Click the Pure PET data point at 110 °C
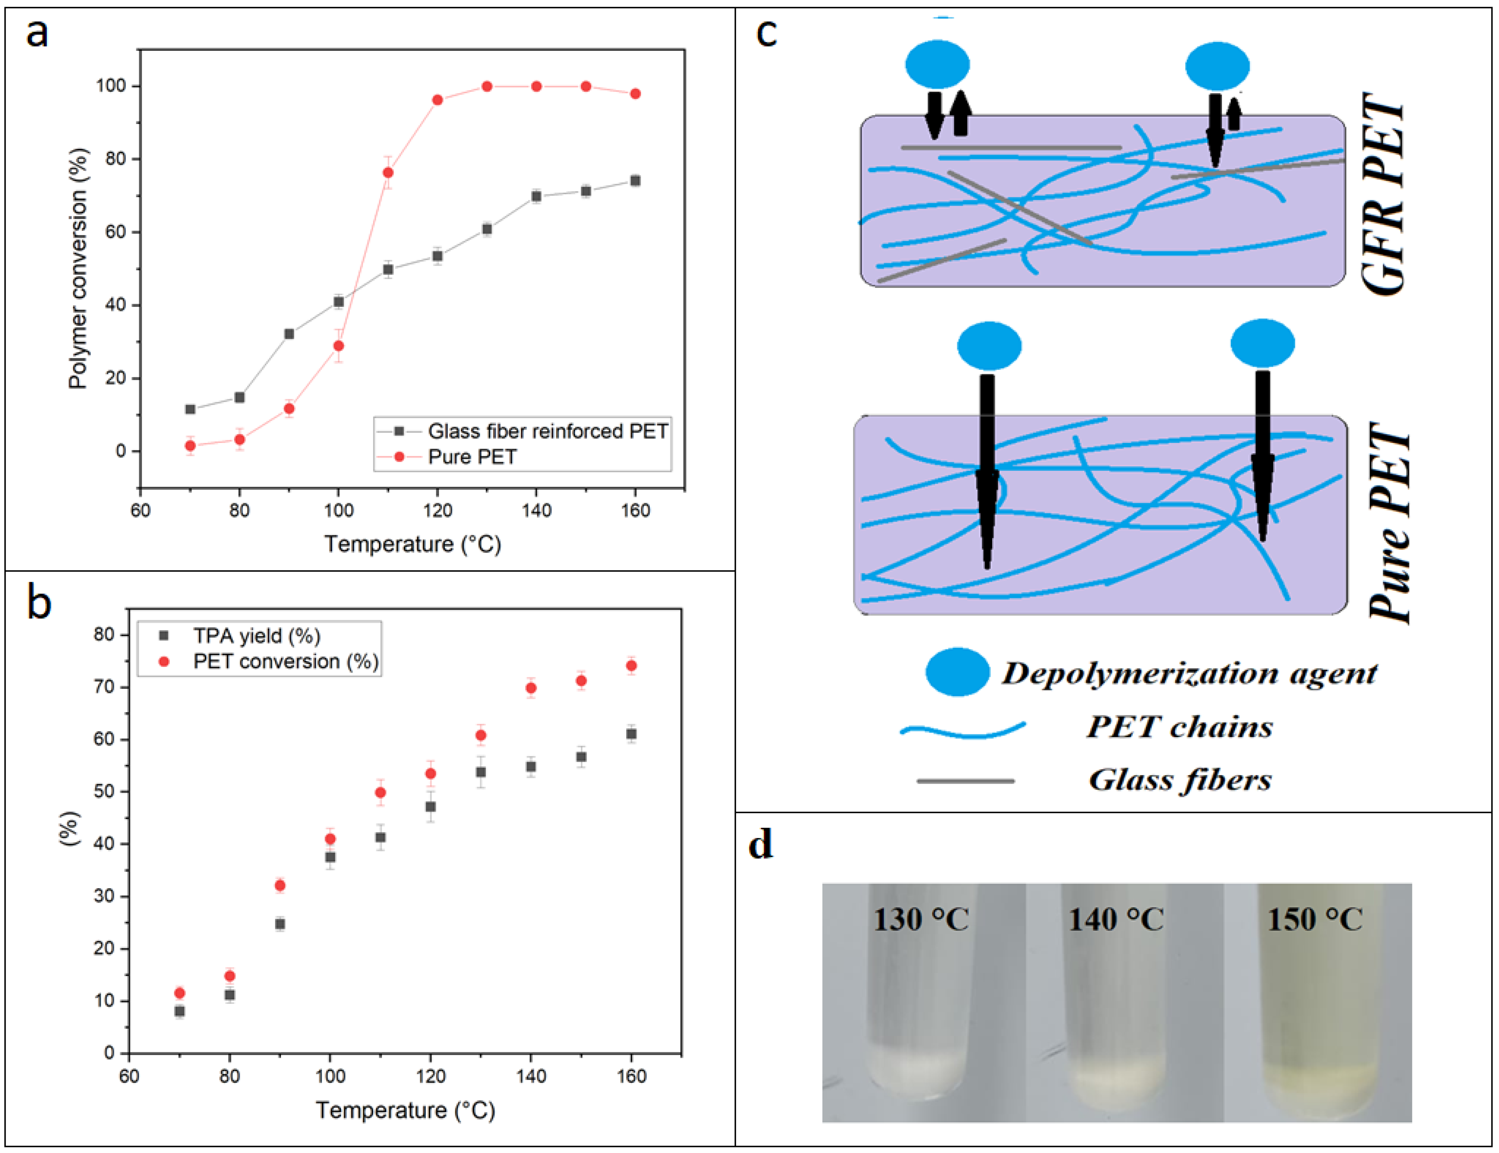point(388,172)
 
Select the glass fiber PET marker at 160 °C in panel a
point(635,181)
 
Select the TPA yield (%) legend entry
point(256,635)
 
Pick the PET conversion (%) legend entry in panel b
point(285,662)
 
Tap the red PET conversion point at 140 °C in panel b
point(531,688)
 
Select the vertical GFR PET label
point(1384,194)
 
